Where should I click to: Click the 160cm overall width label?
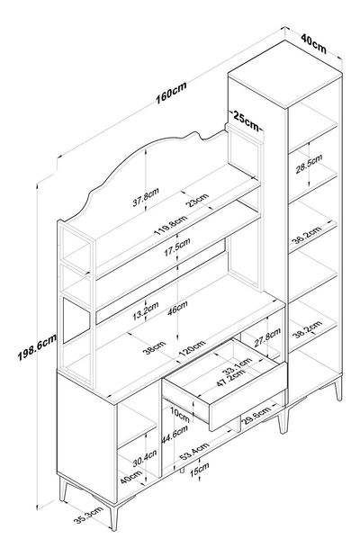pyautogui.click(x=171, y=93)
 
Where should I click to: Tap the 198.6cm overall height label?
pyautogui.click(x=37, y=347)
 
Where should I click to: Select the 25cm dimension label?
pyautogui.click(x=247, y=121)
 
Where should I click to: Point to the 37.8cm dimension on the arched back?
pyautogui.click(x=146, y=197)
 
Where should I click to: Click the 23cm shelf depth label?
pyautogui.click(x=197, y=201)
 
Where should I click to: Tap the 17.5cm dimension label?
pyautogui.click(x=177, y=247)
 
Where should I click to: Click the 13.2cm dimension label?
pyautogui.click(x=146, y=310)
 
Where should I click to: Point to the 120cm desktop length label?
pyautogui.click(x=193, y=348)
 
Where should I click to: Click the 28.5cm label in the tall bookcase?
pyautogui.click(x=309, y=164)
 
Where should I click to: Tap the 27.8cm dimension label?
pyautogui.click(x=267, y=337)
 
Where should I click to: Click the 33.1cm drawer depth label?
pyautogui.click(x=238, y=366)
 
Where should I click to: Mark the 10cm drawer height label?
pyautogui.click(x=179, y=415)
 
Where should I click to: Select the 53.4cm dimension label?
pyautogui.click(x=194, y=452)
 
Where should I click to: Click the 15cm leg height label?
pyautogui.click(x=199, y=469)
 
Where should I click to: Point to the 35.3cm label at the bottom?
pyautogui.click(x=88, y=516)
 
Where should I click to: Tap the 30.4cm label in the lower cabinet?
pyautogui.click(x=145, y=458)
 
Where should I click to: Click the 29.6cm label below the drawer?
pyautogui.click(x=256, y=417)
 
